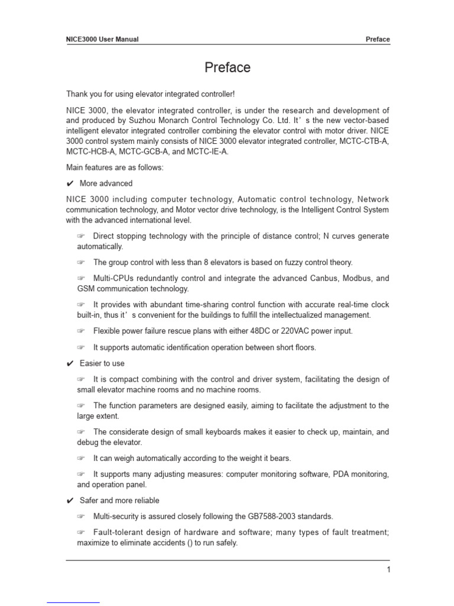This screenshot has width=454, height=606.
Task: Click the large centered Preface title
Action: (x=227, y=68)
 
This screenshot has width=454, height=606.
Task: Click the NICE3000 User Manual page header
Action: (x=102, y=40)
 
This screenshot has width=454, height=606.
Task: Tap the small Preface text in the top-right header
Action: (x=378, y=40)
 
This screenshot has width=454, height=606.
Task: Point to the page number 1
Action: (x=388, y=570)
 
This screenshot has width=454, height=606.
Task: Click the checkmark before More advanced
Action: (x=70, y=183)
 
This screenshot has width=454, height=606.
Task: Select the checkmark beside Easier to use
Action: (x=70, y=363)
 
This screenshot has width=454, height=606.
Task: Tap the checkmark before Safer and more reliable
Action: (x=70, y=501)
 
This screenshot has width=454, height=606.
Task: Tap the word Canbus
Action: (x=326, y=278)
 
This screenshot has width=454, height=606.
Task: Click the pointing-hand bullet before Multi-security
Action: (x=81, y=517)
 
